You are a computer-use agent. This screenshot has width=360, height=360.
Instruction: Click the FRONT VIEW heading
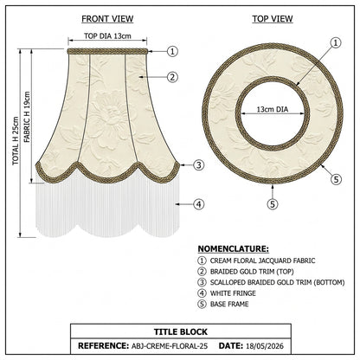pos(107,19)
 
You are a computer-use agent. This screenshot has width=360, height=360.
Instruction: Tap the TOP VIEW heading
pos(273,19)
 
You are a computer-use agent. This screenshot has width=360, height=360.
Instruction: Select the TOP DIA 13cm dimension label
pos(107,36)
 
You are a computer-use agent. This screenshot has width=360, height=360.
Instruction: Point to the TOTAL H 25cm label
pos(16,141)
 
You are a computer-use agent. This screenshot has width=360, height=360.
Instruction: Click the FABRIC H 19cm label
pos(27,117)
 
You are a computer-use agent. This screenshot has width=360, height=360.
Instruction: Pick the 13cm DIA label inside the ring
pos(273,109)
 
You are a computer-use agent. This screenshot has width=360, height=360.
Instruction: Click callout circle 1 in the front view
pos(172,52)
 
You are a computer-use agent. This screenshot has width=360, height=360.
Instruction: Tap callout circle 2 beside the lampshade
pos(172,77)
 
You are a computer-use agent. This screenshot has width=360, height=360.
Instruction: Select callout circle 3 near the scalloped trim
pos(198,165)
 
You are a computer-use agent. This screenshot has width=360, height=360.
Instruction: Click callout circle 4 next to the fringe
pos(198,204)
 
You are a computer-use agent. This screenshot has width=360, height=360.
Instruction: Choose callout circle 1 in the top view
pos(336,43)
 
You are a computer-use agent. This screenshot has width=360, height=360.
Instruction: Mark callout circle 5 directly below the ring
pos(273,204)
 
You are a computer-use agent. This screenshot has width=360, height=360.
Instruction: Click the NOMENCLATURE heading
pos(234,249)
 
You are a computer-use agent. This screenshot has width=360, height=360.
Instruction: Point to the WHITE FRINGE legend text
pos(233,293)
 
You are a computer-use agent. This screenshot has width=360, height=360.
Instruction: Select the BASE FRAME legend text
pos(229,304)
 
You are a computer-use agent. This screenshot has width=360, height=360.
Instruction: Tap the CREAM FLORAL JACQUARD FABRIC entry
pos(262,260)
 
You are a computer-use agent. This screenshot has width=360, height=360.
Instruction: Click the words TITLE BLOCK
pos(181,331)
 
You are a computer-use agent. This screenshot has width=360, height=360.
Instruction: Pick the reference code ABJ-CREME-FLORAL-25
pos(170,346)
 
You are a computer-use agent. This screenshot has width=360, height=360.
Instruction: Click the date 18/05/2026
pos(265,346)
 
